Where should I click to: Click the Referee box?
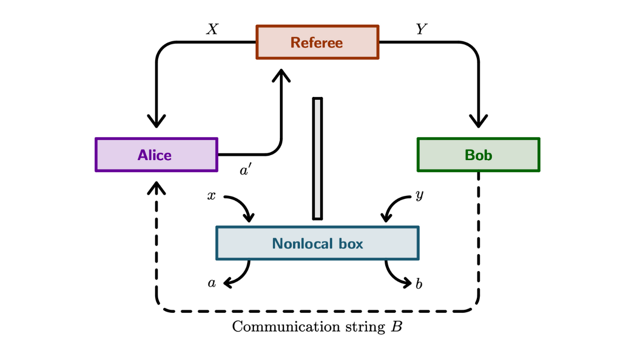(x=317, y=43)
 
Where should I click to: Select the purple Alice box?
(x=156, y=155)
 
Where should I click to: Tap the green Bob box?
(x=478, y=155)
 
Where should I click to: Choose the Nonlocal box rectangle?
(x=317, y=244)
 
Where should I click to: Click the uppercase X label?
(x=212, y=30)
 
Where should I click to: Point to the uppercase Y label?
(x=421, y=30)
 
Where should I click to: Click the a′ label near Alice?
(x=246, y=171)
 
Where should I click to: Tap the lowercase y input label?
(x=419, y=195)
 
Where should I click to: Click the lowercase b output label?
(x=419, y=284)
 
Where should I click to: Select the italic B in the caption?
(x=396, y=327)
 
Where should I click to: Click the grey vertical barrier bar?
(x=317, y=159)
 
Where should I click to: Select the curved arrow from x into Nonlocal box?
(x=240, y=206)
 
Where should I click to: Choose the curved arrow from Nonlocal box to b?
(x=397, y=276)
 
